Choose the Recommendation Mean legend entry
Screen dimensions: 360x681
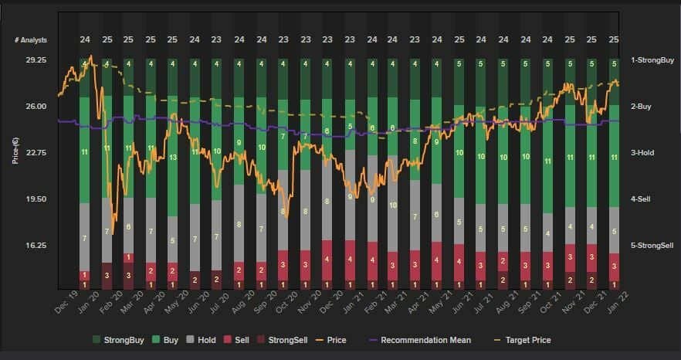click(421, 340)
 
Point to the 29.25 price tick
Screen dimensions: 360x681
click(36, 60)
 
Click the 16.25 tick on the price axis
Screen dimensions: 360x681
click(36, 246)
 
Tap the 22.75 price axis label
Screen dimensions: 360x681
click(36, 153)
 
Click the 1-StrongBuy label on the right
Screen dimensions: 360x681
click(652, 60)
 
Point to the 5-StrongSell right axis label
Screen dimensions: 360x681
click(652, 246)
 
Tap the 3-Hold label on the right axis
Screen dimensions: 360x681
click(642, 153)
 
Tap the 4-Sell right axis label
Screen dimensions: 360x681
click(642, 199)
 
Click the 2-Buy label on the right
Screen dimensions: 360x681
click(642, 107)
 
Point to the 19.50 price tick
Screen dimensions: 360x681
click(36, 199)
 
